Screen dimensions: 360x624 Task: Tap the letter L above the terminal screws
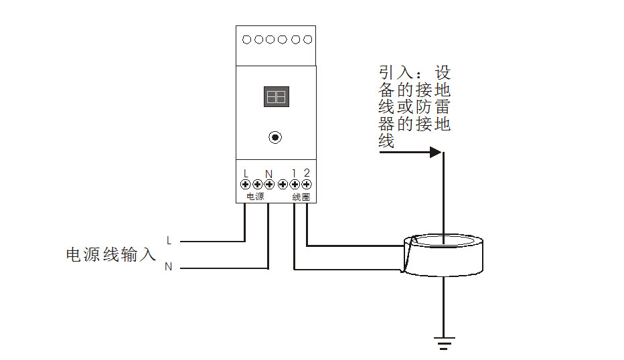click(x=246, y=173)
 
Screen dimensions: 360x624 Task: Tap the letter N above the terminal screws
click(x=268, y=173)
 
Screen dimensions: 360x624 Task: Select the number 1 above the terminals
click(x=294, y=173)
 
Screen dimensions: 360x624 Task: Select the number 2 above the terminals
click(x=307, y=173)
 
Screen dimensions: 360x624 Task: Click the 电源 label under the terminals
click(x=255, y=197)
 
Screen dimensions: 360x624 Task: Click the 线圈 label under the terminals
click(x=301, y=197)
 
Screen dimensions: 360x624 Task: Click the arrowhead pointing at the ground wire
click(x=436, y=153)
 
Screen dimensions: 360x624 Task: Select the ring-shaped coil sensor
click(x=442, y=254)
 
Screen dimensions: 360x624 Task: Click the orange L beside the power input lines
click(x=169, y=240)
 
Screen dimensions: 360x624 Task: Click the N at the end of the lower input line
click(x=169, y=267)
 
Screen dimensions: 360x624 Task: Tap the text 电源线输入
click(x=110, y=254)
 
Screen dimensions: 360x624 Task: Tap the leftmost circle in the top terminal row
click(x=246, y=39)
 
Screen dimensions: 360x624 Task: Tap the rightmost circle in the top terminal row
click(x=307, y=39)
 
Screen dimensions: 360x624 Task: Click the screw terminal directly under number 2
click(x=306, y=184)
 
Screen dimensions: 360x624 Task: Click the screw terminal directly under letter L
click(x=246, y=184)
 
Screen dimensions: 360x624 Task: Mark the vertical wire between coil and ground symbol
click(x=443, y=304)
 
